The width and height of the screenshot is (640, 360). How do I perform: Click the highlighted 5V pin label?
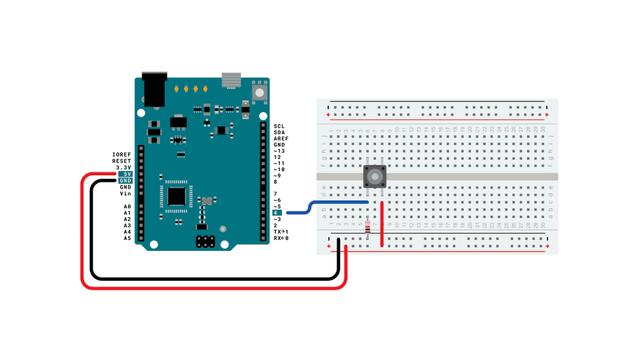[126, 174]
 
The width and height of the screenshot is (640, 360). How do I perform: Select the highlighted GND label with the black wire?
[125, 180]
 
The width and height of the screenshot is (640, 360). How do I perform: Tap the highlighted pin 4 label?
[277, 213]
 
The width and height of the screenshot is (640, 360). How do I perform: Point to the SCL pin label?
[279, 126]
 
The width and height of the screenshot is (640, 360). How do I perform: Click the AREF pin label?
[280, 139]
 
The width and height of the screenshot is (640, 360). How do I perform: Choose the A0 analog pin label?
[127, 206]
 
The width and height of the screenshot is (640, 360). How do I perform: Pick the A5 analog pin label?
[127, 238]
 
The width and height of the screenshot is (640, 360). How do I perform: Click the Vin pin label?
[126, 193]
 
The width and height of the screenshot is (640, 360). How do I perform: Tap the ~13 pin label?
[279, 151]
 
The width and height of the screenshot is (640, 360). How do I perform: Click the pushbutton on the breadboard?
[375, 176]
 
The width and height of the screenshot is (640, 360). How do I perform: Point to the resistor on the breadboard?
[370, 229]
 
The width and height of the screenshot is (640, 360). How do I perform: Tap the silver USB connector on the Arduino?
[231, 80]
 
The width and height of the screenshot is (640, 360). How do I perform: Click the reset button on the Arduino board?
[259, 91]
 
